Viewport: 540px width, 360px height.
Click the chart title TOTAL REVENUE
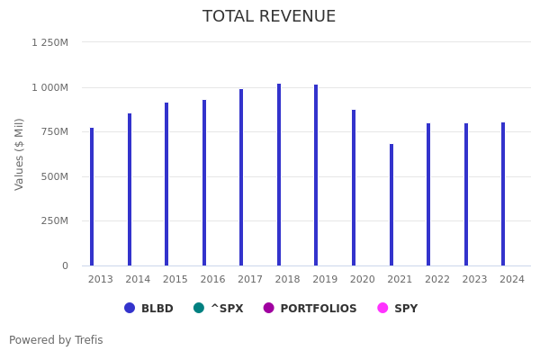tap(269, 17)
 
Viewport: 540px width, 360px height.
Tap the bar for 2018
tap(279, 175)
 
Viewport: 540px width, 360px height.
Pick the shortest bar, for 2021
tap(391, 204)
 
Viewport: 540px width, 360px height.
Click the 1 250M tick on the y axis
tap(49, 42)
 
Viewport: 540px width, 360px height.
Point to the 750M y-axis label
tap(53, 131)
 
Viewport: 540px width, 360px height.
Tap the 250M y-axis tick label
tap(53, 220)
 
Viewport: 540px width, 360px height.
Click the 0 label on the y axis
tap(65, 265)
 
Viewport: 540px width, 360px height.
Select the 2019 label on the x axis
tap(325, 280)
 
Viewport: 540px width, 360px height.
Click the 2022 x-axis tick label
tap(437, 280)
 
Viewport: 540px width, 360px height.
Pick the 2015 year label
tap(175, 280)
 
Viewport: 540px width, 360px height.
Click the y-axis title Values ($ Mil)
tap(20, 154)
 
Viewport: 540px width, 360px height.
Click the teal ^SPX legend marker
tap(199, 308)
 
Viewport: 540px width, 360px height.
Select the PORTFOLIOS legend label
tap(318, 309)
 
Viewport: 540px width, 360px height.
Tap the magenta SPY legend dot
tap(382, 308)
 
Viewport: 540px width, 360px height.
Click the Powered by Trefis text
tap(56, 340)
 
